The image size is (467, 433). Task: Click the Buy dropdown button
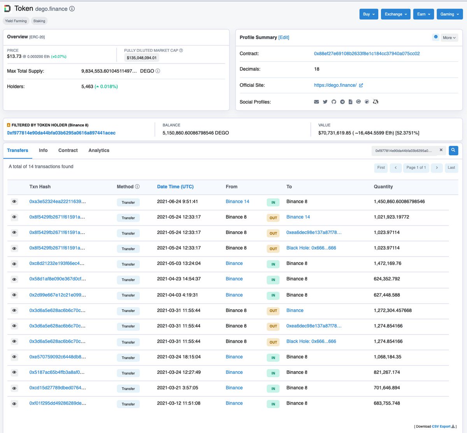369,14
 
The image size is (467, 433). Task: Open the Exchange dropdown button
395,14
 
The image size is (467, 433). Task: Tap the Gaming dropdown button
449,14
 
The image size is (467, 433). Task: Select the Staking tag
39,21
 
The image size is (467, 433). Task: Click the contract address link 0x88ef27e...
367,54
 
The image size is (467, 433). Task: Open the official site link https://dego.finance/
335,85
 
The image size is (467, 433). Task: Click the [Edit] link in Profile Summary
284,37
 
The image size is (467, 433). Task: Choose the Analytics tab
99,150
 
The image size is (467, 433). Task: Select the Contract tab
68,150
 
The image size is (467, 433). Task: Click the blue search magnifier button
453,150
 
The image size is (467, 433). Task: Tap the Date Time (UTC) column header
175,187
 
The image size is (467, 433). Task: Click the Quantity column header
383,187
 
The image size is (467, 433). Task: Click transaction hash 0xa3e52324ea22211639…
58,202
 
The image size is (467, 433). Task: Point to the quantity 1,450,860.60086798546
399,202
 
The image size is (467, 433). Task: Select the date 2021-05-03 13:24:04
179,264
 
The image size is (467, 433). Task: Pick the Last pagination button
451,167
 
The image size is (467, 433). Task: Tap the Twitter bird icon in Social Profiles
325,102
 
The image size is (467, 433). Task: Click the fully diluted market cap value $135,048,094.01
142,58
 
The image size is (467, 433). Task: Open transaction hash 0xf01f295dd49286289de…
58,403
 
